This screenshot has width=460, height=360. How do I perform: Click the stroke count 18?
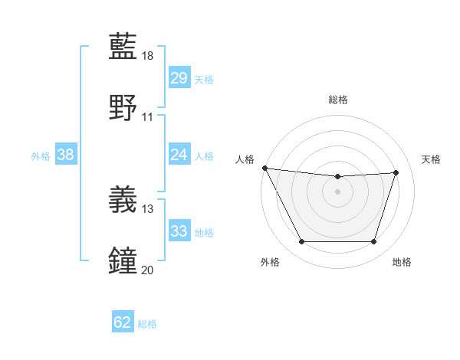coord(148,56)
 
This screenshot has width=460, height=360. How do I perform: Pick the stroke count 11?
coord(148,117)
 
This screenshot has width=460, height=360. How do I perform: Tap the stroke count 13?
coord(148,208)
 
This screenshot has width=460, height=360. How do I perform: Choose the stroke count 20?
coord(148,269)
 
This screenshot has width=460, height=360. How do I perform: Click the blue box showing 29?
coord(179,78)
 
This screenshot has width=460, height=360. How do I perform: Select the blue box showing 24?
coord(179,155)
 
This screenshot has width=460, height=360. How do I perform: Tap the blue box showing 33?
coord(179,231)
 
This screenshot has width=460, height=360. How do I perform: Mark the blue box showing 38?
coord(65,155)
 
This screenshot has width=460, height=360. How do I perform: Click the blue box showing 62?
coord(122,322)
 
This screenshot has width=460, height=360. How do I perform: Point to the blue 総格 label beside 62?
coord(147,324)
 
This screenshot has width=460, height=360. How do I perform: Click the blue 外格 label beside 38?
coord(41,156)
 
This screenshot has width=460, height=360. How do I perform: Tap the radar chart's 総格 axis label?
coord(338,100)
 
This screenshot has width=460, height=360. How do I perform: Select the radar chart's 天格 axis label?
coord(431,159)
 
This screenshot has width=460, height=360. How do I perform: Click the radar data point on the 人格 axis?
coord(264,168)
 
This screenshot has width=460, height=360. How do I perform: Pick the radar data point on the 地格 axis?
coord(373,242)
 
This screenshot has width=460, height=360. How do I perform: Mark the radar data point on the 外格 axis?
coord(301,242)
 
